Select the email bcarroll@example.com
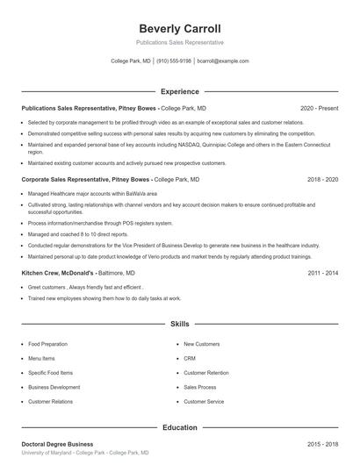coord(223,61)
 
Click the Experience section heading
coord(179,91)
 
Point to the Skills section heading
coord(179,324)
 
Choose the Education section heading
coord(179,427)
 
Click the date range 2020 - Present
coord(319,108)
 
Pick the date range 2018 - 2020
coord(322,179)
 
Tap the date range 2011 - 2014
coord(322,273)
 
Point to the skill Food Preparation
coord(47,344)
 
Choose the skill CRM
coord(190,358)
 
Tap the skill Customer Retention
coord(206,372)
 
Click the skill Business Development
coord(54,387)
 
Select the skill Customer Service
coord(204,401)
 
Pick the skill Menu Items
coord(41,358)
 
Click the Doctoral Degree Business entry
coord(57,444)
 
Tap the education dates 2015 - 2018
coord(322,444)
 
